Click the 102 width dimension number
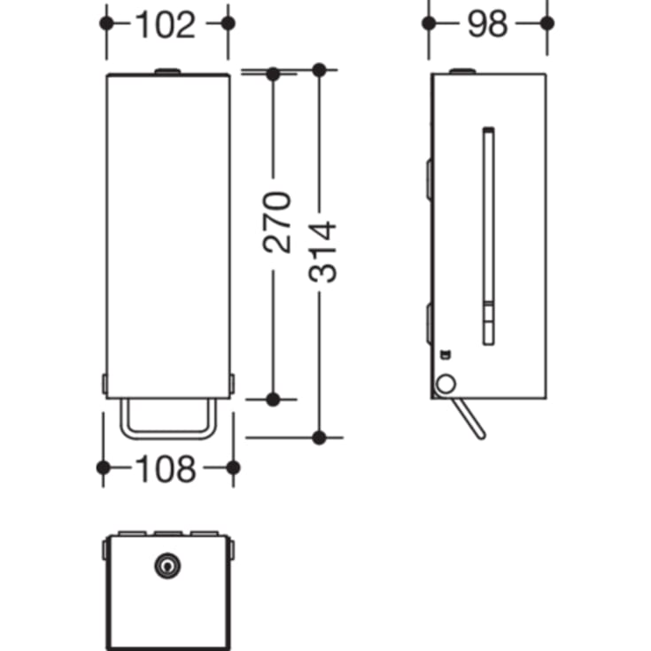166,25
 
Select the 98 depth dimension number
487,24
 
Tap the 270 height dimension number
277,222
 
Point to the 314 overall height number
322,252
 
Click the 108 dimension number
166,469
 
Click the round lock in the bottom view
167,565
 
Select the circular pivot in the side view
445,384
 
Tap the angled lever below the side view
469,418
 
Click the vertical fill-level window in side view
489,236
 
